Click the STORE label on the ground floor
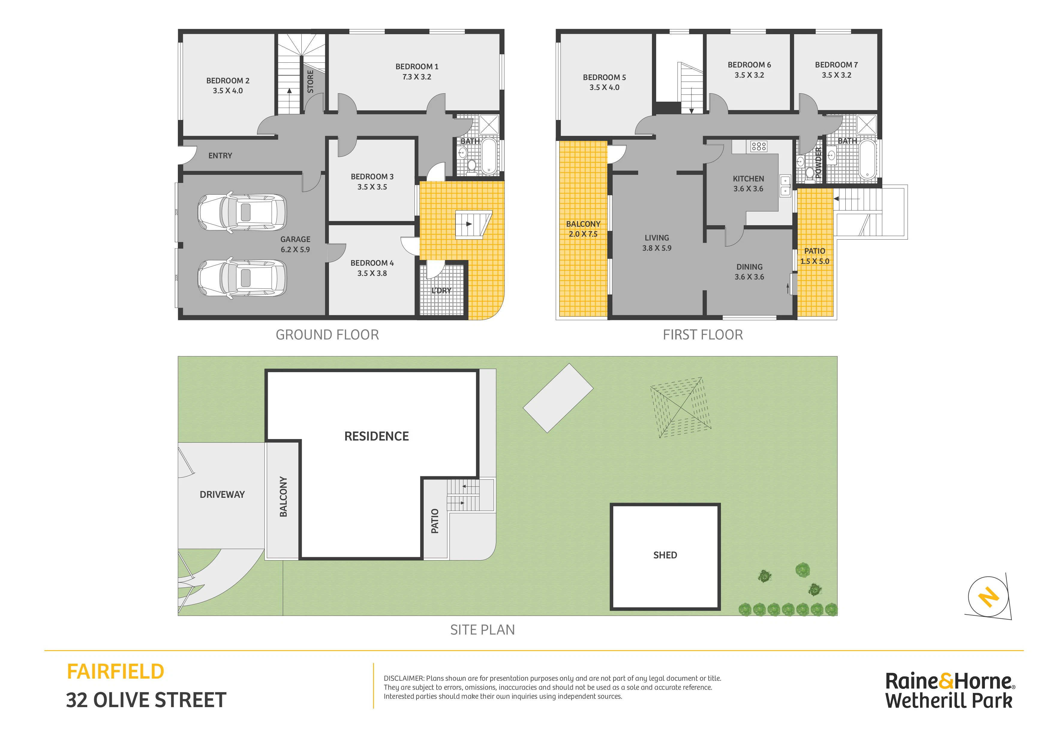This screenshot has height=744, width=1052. pos(310,82)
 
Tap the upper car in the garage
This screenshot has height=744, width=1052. pos(242,212)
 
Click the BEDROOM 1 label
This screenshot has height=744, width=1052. pos(417,67)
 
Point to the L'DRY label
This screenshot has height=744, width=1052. pos(441,291)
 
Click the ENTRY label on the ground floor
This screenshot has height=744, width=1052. pos(220,156)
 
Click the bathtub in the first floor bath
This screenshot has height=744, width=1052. pos(867,160)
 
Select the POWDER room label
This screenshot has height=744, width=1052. pos(818,162)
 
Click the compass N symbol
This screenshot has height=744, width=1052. pos(988,597)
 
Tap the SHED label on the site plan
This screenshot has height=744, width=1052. pos(665,555)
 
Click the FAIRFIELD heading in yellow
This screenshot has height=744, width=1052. pos(115,672)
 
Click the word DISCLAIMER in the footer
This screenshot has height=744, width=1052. pos(404,679)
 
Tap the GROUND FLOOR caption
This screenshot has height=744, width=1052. pos(327,335)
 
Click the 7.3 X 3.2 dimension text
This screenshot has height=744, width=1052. pos(417,77)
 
